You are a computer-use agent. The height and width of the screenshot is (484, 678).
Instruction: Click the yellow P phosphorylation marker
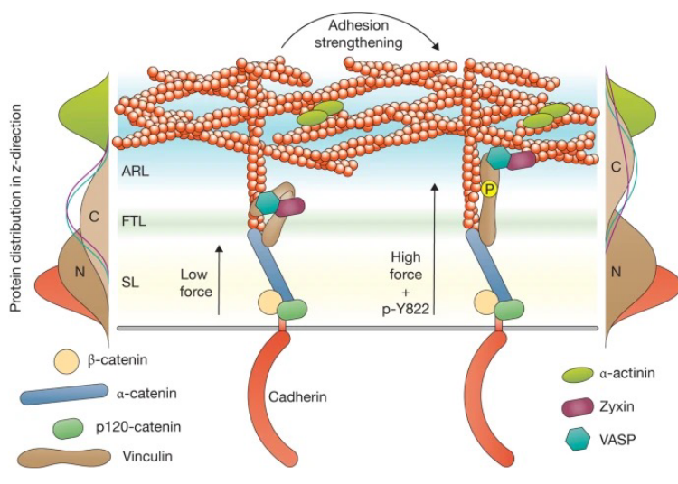coord(489,189)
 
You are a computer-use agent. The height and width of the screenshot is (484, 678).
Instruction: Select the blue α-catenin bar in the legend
coord(64,394)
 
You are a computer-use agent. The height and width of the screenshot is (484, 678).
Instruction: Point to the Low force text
coord(194,283)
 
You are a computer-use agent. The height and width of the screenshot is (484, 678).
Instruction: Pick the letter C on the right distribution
coord(616,166)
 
